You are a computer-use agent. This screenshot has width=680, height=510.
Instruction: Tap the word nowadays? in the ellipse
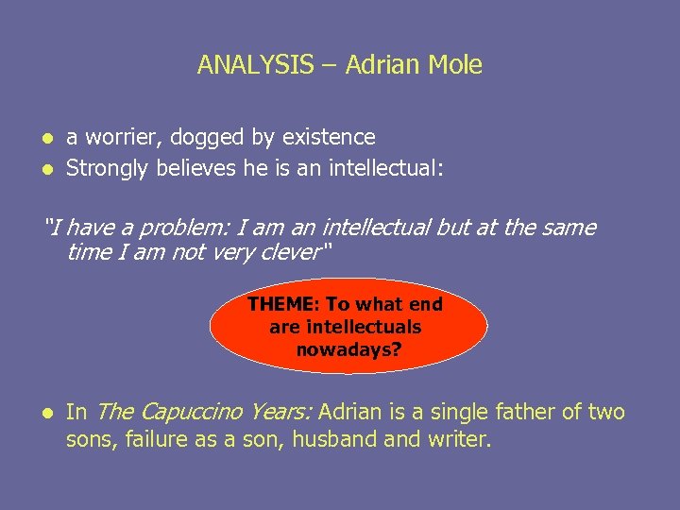[348, 349]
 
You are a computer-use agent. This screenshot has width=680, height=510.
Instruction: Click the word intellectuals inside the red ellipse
[364, 327]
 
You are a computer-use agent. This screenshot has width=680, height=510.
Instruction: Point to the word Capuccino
[192, 412]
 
